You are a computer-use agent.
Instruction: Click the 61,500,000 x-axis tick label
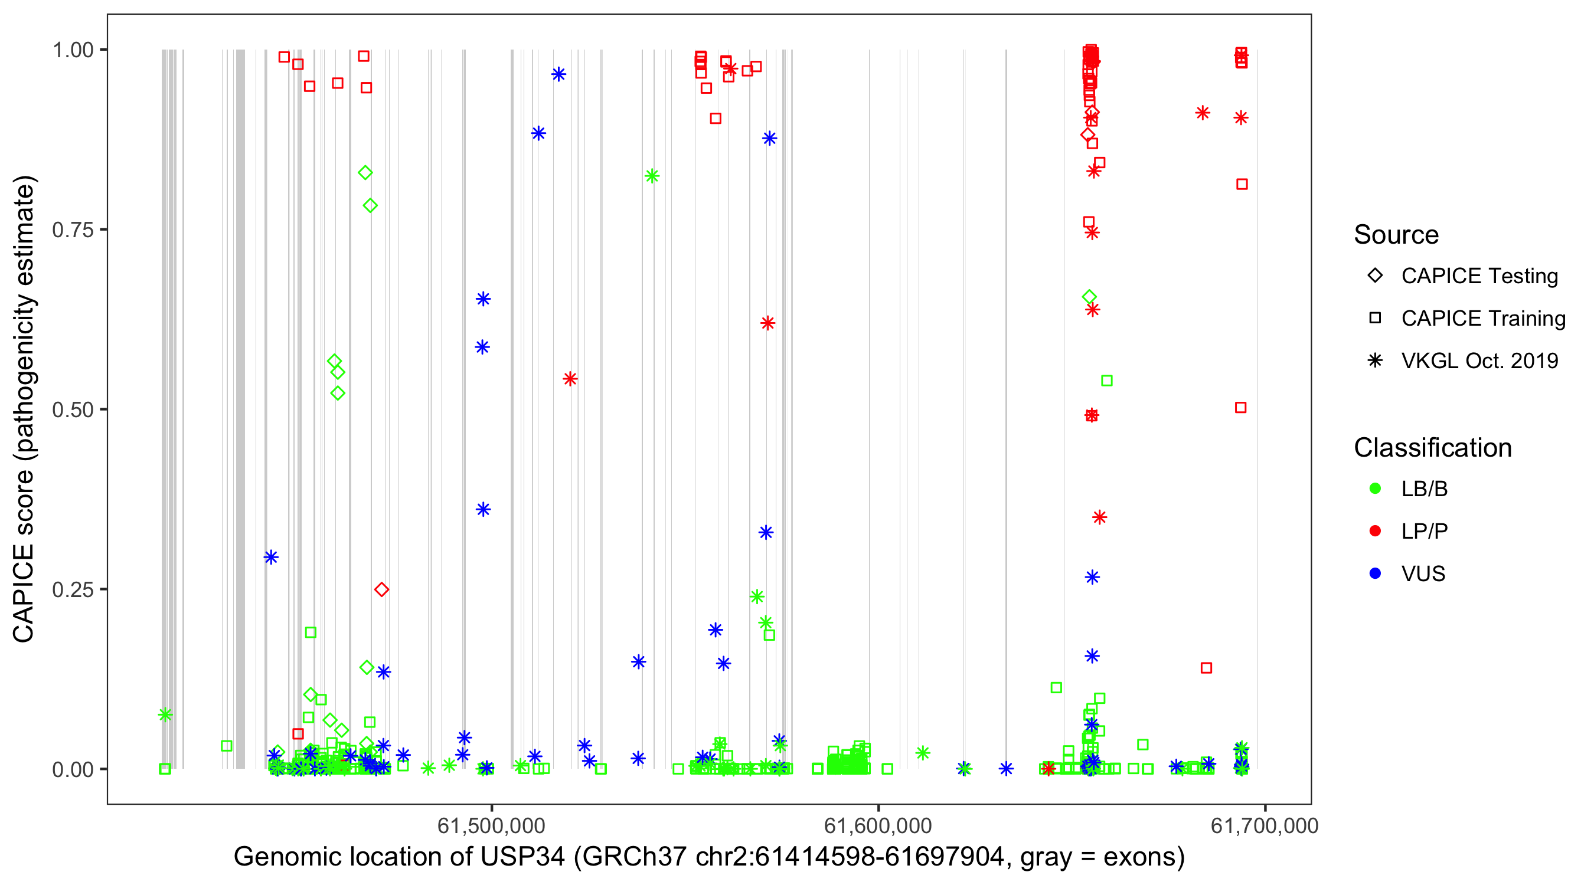491,825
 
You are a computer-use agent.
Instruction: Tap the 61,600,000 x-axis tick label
877,825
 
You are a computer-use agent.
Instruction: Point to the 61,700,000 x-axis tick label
1264,825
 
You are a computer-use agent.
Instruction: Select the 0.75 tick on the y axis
73,230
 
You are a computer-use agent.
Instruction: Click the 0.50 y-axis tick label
73,410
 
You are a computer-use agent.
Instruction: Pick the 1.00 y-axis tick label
73,50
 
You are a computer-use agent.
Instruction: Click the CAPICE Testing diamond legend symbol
1375,276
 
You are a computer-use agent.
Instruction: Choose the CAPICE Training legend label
1483,319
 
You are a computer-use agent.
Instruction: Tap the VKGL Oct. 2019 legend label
1479,361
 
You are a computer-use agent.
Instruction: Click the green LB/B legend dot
1375,489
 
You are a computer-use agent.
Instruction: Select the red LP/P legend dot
1375,531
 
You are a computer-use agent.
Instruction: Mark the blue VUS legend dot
1375,574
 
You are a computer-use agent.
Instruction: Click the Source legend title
1396,235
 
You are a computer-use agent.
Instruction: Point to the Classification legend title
1432,448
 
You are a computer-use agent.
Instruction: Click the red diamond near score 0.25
382,589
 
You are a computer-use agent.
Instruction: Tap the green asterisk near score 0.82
652,176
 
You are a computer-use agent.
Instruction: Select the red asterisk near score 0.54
570,379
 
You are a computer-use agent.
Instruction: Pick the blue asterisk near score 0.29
270,557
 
